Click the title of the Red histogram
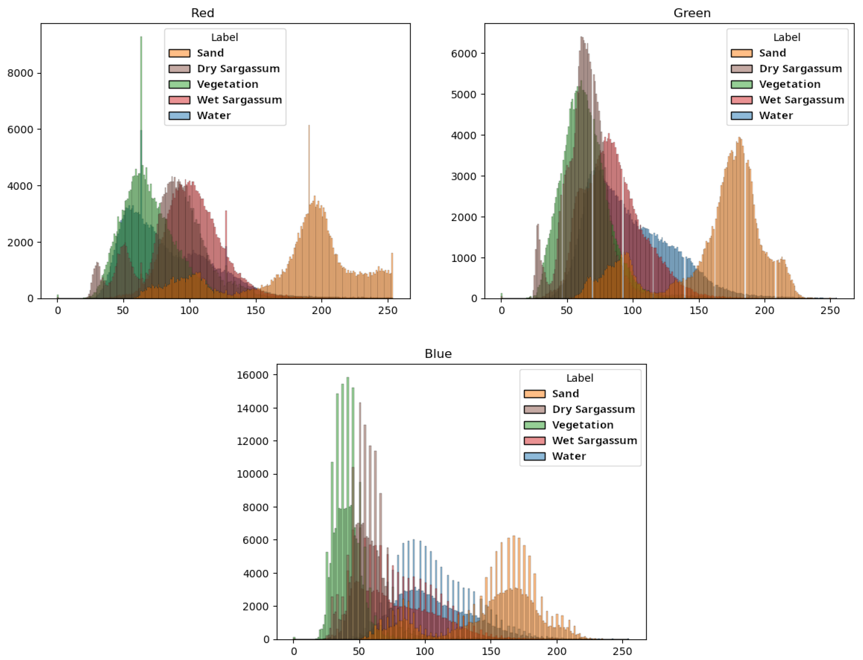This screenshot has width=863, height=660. pos(203,13)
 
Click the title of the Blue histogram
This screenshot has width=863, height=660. pos(438,354)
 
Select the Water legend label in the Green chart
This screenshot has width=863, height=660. pos(775,115)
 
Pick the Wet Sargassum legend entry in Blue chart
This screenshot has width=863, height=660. pos(594,440)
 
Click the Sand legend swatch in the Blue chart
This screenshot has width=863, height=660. pos(534,394)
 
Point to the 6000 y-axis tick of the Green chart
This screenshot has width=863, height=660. pos(464,54)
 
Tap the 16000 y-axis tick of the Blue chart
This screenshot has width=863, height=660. pos(252,375)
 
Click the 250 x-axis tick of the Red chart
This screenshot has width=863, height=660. pos(388,310)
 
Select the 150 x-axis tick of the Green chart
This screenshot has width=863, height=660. pos(698,310)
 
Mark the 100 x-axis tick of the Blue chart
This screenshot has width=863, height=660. pos(425,651)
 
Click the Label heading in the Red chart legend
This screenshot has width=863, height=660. pos(225,37)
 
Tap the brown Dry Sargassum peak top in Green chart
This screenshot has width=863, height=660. pos(582,38)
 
